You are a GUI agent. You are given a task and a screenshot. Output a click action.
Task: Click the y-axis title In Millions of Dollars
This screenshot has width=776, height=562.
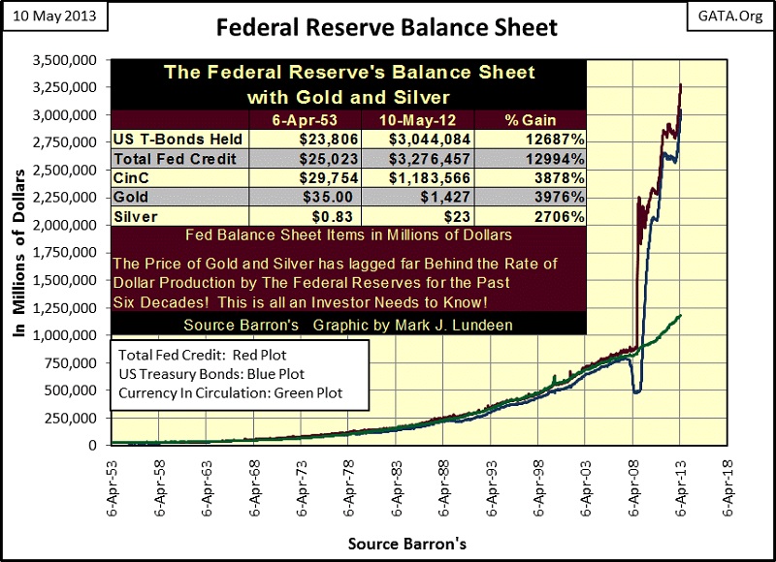click(20, 252)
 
